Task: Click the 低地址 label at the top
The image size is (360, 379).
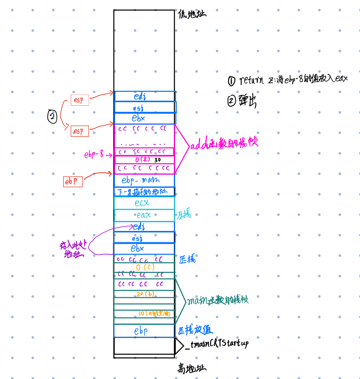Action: pyautogui.click(x=192, y=14)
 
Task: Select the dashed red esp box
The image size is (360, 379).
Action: pyautogui.click(x=80, y=100)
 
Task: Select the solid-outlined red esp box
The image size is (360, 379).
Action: pyautogui.click(x=80, y=131)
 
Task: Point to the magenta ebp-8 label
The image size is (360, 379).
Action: pyautogui.click(x=93, y=154)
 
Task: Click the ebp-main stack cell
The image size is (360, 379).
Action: pyautogui.click(x=144, y=180)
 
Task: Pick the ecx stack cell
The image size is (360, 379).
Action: pyautogui.click(x=144, y=203)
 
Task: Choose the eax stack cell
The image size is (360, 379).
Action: pyautogui.click(x=144, y=215)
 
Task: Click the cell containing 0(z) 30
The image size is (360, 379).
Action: pyautogui.click(x=144, y=160)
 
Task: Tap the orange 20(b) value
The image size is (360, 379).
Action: pyautogui.click(x=145, y=293)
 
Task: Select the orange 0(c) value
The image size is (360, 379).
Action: pyautogui.click(x=145, y=267)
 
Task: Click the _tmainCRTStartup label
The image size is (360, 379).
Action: pyautogui.click(x=216, y=344)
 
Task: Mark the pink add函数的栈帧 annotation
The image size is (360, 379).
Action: pyautogui.click(x=224, y=144)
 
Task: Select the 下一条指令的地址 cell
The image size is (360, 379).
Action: pyautogui.click(x=144, y=192)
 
